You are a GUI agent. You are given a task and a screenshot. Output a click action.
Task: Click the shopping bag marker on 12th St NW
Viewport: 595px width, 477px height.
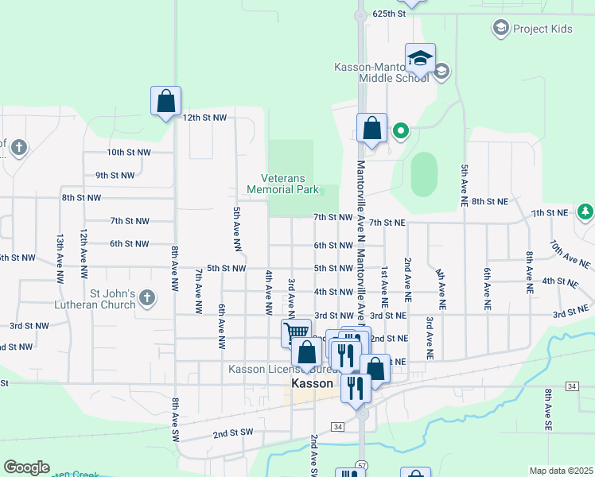165,102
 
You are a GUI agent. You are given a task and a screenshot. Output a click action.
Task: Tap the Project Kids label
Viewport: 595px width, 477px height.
542,29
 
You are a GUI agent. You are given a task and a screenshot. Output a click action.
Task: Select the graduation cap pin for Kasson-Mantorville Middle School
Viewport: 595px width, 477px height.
420,59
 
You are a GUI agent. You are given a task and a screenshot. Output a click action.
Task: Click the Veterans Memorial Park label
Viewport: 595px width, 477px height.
282,184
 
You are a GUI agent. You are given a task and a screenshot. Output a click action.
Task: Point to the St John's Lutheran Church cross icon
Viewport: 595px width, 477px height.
146,298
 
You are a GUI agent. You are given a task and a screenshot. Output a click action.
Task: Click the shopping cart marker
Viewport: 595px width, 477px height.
296,332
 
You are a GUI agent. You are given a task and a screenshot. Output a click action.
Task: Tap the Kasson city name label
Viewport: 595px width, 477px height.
312,383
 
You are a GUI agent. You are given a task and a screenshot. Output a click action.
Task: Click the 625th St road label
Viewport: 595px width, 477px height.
390,14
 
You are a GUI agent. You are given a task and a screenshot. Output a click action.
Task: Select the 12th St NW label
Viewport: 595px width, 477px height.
204,118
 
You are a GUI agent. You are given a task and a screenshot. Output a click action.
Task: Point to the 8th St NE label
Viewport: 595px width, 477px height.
489,202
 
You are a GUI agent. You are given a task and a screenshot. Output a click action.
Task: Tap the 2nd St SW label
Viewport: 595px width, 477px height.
232,435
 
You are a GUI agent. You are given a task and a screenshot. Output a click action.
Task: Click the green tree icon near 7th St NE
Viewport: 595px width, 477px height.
585,211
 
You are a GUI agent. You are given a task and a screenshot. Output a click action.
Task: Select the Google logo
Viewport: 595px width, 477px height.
26,467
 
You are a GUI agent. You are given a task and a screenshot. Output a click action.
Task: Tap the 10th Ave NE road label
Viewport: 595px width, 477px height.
570,254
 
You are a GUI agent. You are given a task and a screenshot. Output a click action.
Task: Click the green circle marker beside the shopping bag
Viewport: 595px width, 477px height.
401,131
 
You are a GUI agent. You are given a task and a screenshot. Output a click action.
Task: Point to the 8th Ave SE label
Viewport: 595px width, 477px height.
548,405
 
